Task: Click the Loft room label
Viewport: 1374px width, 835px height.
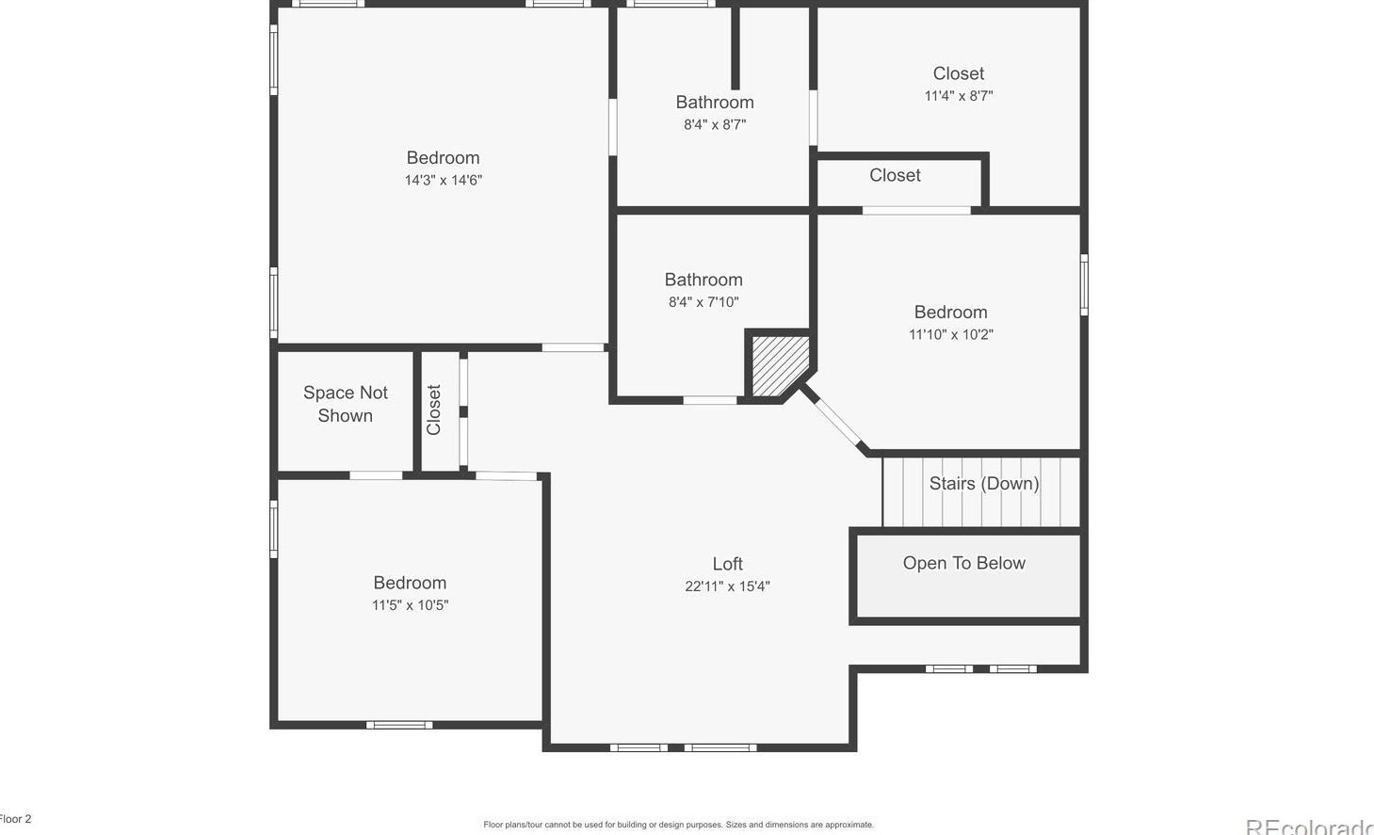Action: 727,564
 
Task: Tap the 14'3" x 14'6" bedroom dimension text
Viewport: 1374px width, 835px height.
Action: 443,181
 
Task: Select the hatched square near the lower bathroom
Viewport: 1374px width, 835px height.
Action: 777,365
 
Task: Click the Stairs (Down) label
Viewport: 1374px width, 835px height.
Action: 983,484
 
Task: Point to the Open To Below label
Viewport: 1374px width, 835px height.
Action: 963,563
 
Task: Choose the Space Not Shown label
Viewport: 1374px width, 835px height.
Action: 345,404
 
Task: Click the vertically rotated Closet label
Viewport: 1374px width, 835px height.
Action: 434,409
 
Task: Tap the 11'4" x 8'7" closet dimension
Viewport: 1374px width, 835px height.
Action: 958,96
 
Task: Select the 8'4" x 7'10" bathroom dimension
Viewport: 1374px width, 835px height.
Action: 703,302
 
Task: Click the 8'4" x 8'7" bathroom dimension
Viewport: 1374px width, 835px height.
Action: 714,124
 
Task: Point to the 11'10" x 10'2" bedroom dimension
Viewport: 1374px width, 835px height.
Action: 950,334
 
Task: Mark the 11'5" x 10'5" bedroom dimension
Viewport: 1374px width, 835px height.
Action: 410,605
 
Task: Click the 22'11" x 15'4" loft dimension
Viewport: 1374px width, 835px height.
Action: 727,586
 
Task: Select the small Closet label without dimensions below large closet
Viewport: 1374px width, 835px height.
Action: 895,176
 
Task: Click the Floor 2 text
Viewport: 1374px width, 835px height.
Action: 16,819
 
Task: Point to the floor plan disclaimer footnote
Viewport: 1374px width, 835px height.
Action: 678,825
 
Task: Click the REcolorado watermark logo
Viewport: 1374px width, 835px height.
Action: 1309,827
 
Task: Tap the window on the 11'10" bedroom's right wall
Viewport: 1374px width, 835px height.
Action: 1084,284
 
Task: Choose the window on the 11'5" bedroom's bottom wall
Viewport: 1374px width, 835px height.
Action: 399,725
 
